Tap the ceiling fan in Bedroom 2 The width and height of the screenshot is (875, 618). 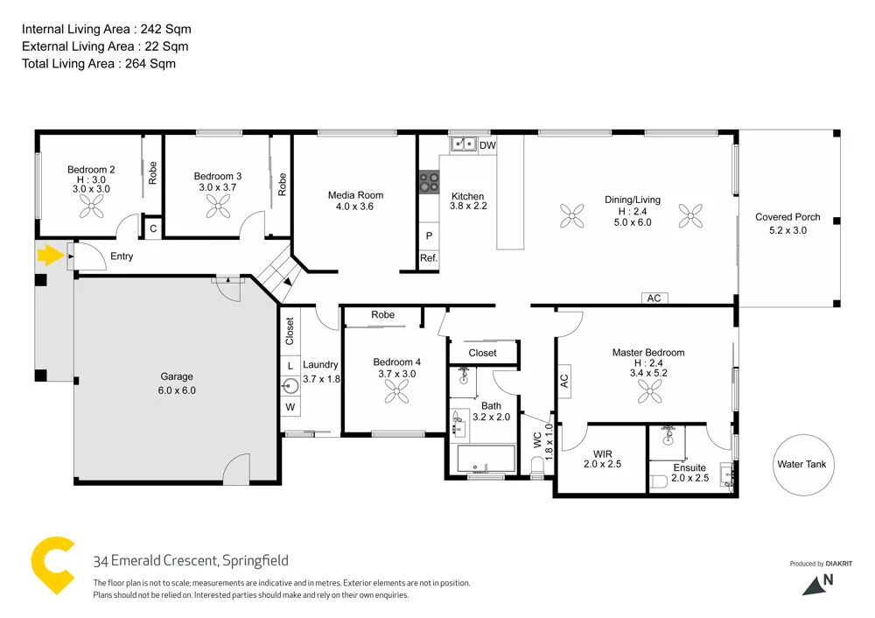(x=92, y=207)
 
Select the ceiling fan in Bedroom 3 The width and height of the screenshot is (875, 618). (x=218, y=207)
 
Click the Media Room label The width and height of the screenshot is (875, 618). (x=355, y=195)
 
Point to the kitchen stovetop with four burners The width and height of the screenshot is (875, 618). (x=429, y=182)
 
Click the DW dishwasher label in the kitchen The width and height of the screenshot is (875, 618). (x=487, y=145)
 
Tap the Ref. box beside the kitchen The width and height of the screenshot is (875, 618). (x=429, y=258)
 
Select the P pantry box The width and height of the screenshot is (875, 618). (x=429, y=236)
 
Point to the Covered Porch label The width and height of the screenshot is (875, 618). (x=787, y=217)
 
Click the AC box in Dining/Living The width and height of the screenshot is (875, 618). (x=654, y=298)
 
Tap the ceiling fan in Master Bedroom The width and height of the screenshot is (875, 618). (x=648, y=394)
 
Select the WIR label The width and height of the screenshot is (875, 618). (x=602, y=453)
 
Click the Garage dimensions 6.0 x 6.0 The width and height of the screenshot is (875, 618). (x=178, y=390)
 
